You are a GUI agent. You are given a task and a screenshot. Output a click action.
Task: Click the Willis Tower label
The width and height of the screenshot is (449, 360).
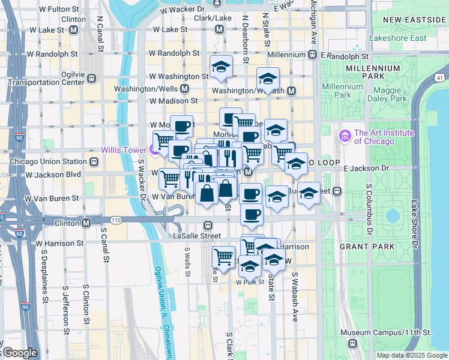(x=124, y=150)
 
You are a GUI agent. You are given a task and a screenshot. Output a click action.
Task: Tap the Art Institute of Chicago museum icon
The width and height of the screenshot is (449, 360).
(x=344, y=136)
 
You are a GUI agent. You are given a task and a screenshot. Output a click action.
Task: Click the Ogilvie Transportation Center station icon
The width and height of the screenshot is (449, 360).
(x=92, y=78)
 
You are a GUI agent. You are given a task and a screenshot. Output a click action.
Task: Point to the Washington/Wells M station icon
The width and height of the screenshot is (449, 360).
(x=184, y=88)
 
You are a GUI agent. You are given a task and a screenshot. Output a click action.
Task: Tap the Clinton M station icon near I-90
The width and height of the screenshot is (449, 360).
(x=86, y=223)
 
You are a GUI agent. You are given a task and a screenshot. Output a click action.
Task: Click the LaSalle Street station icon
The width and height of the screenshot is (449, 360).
(x=208, y=226)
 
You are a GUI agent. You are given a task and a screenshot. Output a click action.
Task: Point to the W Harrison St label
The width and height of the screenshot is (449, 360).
(x=60, y=244)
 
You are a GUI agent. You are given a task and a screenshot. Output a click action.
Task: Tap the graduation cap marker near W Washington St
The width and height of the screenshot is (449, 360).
(x=221, y=67)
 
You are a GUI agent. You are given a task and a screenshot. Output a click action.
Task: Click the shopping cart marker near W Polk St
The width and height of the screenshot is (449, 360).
(x=223, y=257)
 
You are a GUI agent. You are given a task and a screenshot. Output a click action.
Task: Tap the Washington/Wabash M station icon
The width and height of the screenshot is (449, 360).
(x=291, y=91)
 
